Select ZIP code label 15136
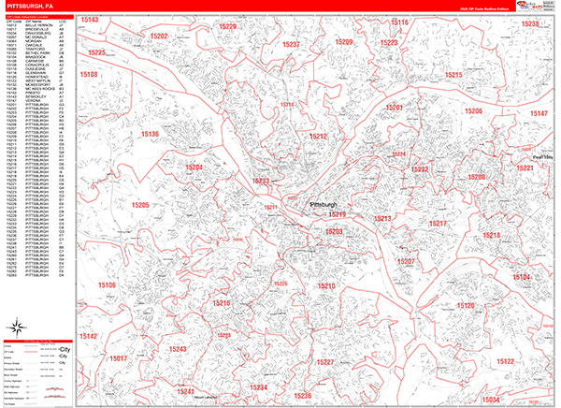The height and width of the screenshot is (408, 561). point(150,135)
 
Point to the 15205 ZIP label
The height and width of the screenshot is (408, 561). point(140,204)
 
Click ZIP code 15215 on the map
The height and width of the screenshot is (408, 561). point(453,75)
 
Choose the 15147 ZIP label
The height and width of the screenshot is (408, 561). point(539,113)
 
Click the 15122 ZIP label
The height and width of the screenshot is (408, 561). point(505,361)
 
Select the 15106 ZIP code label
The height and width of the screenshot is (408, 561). point(106,284)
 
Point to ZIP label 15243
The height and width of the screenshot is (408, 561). point(178,349)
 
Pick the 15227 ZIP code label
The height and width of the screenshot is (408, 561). point(325,361)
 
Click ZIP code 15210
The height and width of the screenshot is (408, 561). point(326,285)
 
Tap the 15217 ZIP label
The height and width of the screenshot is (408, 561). point(438,224)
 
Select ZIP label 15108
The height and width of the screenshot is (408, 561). point(90,74)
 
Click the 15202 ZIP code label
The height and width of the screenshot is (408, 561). point(158,36)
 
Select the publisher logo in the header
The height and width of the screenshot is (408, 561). point(535,6)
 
